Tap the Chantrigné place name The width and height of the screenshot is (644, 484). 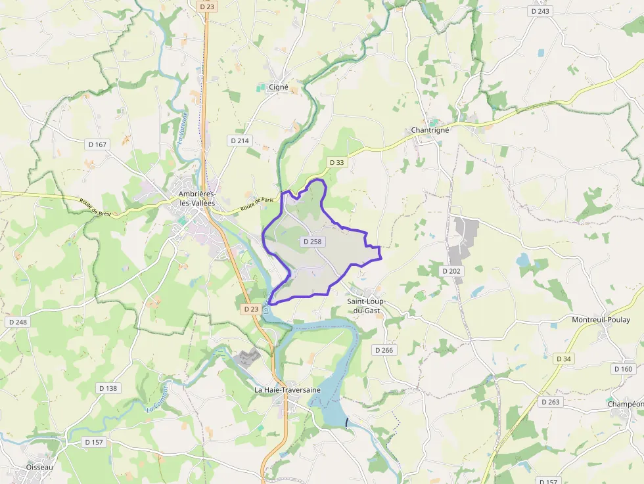(x=430, y=130)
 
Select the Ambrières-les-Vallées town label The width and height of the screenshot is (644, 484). (x=196, y=198)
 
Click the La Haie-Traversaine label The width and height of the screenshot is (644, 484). (x=287, y=389)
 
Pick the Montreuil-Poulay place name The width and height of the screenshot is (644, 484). (x=601, y=320)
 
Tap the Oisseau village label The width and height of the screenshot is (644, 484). (x=39, y=467)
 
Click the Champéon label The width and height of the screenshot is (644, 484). (x=625, y=403)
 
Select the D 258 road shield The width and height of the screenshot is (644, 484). (x=313, y=242)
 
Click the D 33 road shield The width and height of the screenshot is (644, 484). (x=336, y=162)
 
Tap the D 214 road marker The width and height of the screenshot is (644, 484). (x=240, y=141)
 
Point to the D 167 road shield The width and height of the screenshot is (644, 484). (x=97, y=144)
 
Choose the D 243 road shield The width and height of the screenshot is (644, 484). (x=540, y=11)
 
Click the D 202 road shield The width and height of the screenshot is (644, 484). (x=451, y=271)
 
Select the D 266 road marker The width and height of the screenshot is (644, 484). (x=384, y=350)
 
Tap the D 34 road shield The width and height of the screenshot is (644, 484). (x=564, y=359)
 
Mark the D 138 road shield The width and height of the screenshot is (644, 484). (x=108, y=388)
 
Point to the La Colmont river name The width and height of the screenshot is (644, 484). (x=158, y=398)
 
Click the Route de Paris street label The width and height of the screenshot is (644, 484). (x=256, y=206)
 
